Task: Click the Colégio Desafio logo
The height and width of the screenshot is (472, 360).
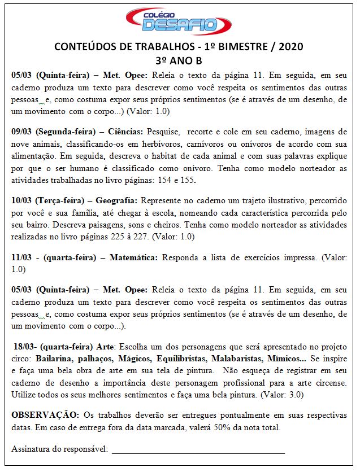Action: pos(179,21)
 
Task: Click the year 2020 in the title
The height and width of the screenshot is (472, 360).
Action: pos(288,46)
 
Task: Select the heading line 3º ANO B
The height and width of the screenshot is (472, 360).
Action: pos(179,60)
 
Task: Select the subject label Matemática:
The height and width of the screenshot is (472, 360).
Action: pos(133,257)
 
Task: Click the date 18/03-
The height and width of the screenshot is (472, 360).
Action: pos(26,346)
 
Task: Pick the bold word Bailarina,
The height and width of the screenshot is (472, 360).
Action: pos(55,359)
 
